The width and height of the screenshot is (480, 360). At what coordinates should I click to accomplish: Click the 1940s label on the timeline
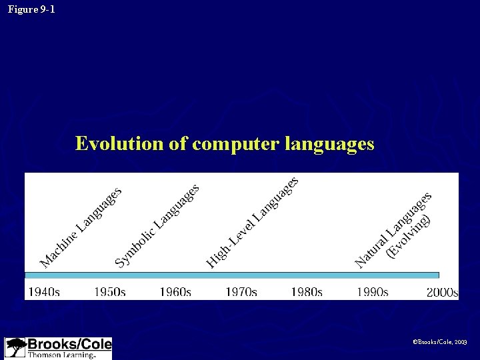pos(43,292)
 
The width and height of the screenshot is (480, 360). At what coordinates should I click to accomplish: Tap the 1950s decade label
pos(109,292)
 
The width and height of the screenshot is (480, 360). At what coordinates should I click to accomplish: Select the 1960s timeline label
pos(175,292)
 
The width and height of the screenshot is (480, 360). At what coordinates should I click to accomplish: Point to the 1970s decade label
pos(241,292)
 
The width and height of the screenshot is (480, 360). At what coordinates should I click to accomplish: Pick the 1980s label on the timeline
pos(307,292)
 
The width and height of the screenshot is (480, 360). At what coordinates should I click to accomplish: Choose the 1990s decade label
pos(372,292)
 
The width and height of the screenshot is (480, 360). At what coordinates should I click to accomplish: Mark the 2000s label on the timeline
pos(442,292)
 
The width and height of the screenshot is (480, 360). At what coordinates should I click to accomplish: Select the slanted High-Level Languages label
pos(251,221)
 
